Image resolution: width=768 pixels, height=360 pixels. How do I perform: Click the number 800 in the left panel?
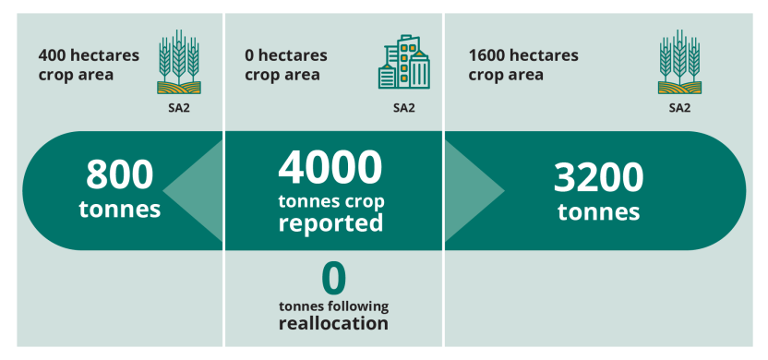tap(119, 175)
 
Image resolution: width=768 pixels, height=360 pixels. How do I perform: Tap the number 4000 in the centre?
tap(330, 168)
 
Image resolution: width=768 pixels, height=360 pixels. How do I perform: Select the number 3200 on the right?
tap(598, 178)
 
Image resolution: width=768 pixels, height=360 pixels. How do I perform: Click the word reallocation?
tap(333, 324)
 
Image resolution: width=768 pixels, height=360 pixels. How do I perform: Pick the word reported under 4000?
tap(330, 223)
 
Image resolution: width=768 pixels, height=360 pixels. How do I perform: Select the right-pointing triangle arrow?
tap(474, 191)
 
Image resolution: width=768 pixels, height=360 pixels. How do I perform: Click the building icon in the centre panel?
tap(403, 63)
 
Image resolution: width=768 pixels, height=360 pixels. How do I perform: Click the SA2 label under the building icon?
tap(403, 107)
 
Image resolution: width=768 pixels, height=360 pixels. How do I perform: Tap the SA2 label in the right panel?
tap(679, 107)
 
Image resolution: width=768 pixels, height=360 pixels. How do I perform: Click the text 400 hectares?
tap(89, 55)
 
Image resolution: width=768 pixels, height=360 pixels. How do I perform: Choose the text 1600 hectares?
tap(523, 55)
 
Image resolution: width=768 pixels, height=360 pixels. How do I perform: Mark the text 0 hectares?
tap(286, 55)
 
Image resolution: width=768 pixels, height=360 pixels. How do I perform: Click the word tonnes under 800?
tap(119, 209)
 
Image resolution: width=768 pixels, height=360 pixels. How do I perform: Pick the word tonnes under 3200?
tap(598, 211)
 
